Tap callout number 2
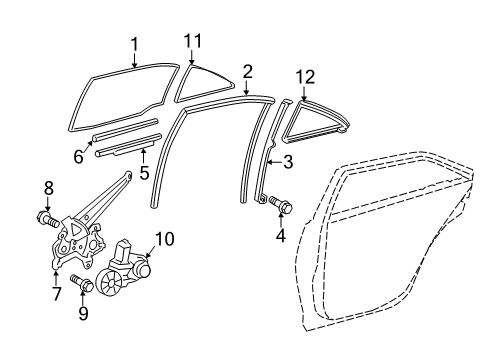click(247, 71)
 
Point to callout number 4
click(280, 236)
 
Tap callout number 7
click(56, 295)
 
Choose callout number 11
click(193, 41)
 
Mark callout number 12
click(304, 76)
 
